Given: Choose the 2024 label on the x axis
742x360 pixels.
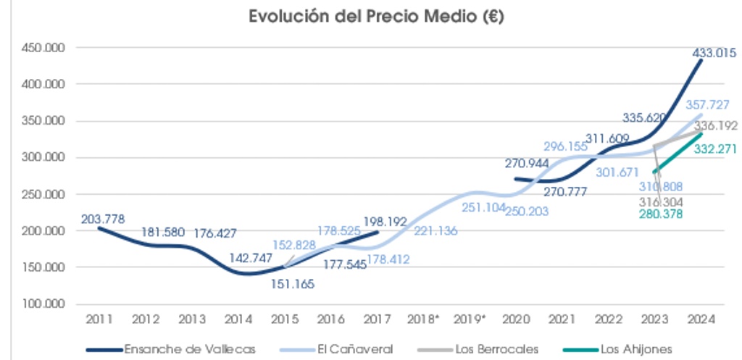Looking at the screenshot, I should pos(701,319).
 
